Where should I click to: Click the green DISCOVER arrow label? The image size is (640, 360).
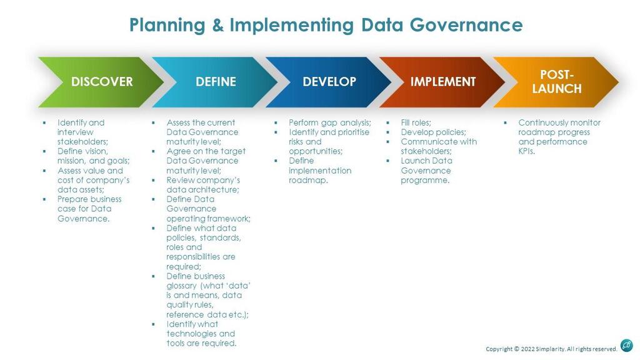tap(102, 82)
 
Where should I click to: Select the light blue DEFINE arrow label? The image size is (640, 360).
tap(216, 82)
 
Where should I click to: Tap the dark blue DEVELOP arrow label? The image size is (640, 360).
tap(329, 82)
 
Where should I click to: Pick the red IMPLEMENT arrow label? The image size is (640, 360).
tap(443, 82)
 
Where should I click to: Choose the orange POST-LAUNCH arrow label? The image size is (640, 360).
tap(556, 82)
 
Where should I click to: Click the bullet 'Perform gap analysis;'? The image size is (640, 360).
tap(330, 122)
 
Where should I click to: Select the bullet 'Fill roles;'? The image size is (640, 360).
tap(417, 122)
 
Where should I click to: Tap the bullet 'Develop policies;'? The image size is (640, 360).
tap(433, 132)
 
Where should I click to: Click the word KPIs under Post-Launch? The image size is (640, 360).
tap(526, 151)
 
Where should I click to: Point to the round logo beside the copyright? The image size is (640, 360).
tap(626, 346)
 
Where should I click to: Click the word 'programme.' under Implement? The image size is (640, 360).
tap(425, 180)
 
